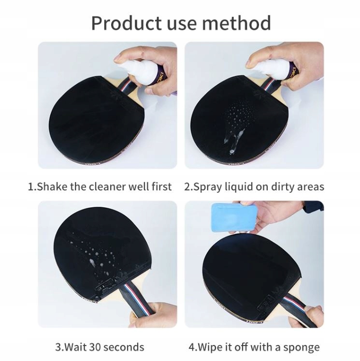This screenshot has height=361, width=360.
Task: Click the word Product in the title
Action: (x=127, y=23)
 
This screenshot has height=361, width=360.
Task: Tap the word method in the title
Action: (x=236, y=23)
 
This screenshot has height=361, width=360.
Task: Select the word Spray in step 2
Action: (x=208, y=187)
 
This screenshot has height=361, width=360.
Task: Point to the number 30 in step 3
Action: (x=96, y=347)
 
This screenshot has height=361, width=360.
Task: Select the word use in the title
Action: (x=182, y=24)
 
